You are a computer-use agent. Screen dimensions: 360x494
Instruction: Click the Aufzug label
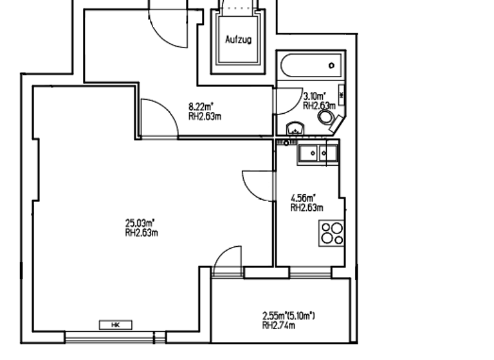238,39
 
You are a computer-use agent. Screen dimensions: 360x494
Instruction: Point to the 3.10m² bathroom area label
315,96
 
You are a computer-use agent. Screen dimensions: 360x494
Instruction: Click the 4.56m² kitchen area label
303,198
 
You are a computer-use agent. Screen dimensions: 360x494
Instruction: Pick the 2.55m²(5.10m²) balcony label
288,316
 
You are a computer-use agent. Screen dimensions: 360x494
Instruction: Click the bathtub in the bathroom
311,65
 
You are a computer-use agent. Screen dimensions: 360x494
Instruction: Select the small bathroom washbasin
295,128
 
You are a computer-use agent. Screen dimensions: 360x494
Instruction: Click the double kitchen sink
317,153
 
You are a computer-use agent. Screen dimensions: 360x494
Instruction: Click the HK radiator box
116,325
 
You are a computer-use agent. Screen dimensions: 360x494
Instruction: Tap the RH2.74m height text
279,325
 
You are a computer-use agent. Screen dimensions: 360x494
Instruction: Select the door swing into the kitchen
259,185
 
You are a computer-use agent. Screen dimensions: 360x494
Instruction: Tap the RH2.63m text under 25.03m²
142,233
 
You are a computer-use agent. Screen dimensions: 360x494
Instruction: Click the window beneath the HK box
116,336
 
